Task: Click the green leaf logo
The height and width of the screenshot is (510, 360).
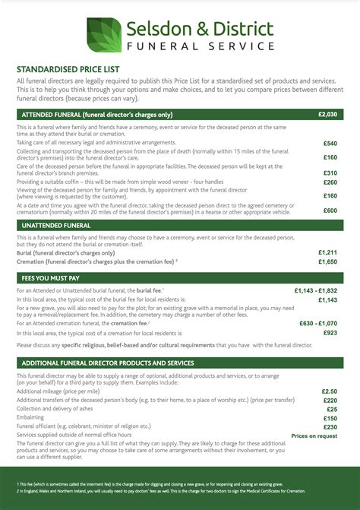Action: (x=103, y=35)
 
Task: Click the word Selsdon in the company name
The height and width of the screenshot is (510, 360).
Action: (x=156, y=29)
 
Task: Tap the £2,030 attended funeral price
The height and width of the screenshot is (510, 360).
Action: (x=328, y=114)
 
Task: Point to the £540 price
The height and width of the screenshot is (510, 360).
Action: (x=330, y=143)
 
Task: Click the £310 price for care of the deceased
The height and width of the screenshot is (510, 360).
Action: (x=330, y=173)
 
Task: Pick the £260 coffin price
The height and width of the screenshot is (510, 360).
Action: (x=330, y=182)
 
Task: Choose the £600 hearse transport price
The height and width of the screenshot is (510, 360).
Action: (x=330, y=211)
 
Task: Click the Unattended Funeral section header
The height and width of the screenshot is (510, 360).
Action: (x=52, y=226)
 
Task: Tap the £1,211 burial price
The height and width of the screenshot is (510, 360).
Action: (x=327, y=252)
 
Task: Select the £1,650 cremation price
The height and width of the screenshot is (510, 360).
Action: (x=327, y=261)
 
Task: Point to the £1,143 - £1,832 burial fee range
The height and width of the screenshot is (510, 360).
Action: (x=316, y=290)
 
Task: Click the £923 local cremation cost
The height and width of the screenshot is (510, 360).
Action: (x=330, y=333)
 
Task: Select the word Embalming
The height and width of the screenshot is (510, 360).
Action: (x=31, y=418)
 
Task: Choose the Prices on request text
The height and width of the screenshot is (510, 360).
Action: (x=314, y=436)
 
